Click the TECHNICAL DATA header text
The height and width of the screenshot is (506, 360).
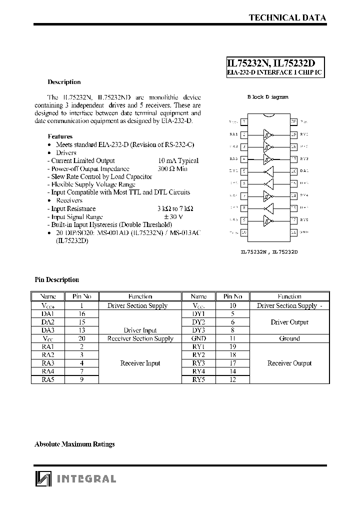[287, 17]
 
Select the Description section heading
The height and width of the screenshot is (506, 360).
[64, 82]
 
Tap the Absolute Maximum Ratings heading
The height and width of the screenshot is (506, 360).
[74, 444]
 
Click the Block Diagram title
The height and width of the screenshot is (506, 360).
[268, 97]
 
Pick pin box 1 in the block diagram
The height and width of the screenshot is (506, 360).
[243, 121]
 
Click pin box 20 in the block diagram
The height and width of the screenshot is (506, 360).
[293, 121]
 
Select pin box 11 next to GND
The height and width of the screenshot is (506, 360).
[293, 232]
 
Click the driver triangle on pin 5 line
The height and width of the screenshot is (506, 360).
[268, 171]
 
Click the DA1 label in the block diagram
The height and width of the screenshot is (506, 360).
[304, 171]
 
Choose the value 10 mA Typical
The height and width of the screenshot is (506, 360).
[178, 160]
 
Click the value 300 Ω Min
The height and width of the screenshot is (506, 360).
[172, 169]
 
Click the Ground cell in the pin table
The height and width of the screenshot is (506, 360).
[289, 338]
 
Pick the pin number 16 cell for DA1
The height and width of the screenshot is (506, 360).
[81, 314]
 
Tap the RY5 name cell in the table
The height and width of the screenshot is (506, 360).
[198, 379]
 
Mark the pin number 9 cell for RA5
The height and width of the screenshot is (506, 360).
[81, 379]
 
